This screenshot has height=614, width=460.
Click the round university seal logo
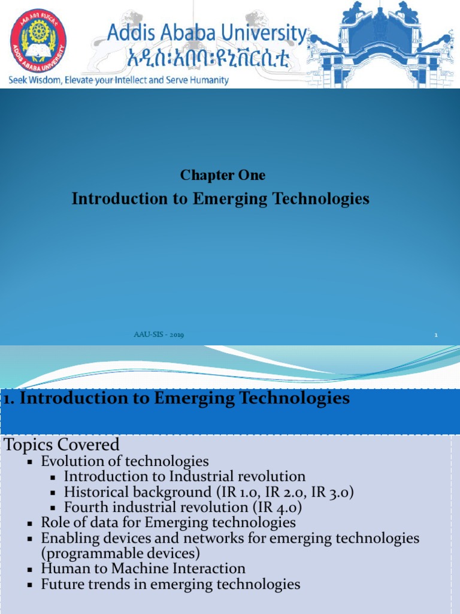[x=38, y=40]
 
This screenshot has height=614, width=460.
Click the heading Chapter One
[x=223, y=175]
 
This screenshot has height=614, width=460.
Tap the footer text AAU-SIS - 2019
[x=158, y=335]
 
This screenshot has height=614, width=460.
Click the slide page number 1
[x=436, y=335]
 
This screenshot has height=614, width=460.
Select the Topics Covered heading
[x=62, y=445]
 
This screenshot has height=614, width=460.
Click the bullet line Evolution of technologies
[x=125, y=461]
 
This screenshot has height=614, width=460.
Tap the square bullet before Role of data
[x=29, y=523]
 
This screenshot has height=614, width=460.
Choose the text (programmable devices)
[x=120, y=553]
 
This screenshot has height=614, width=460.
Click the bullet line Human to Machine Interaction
[x=143, y=568]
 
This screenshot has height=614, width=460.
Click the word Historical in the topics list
[x=98, y=492]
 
